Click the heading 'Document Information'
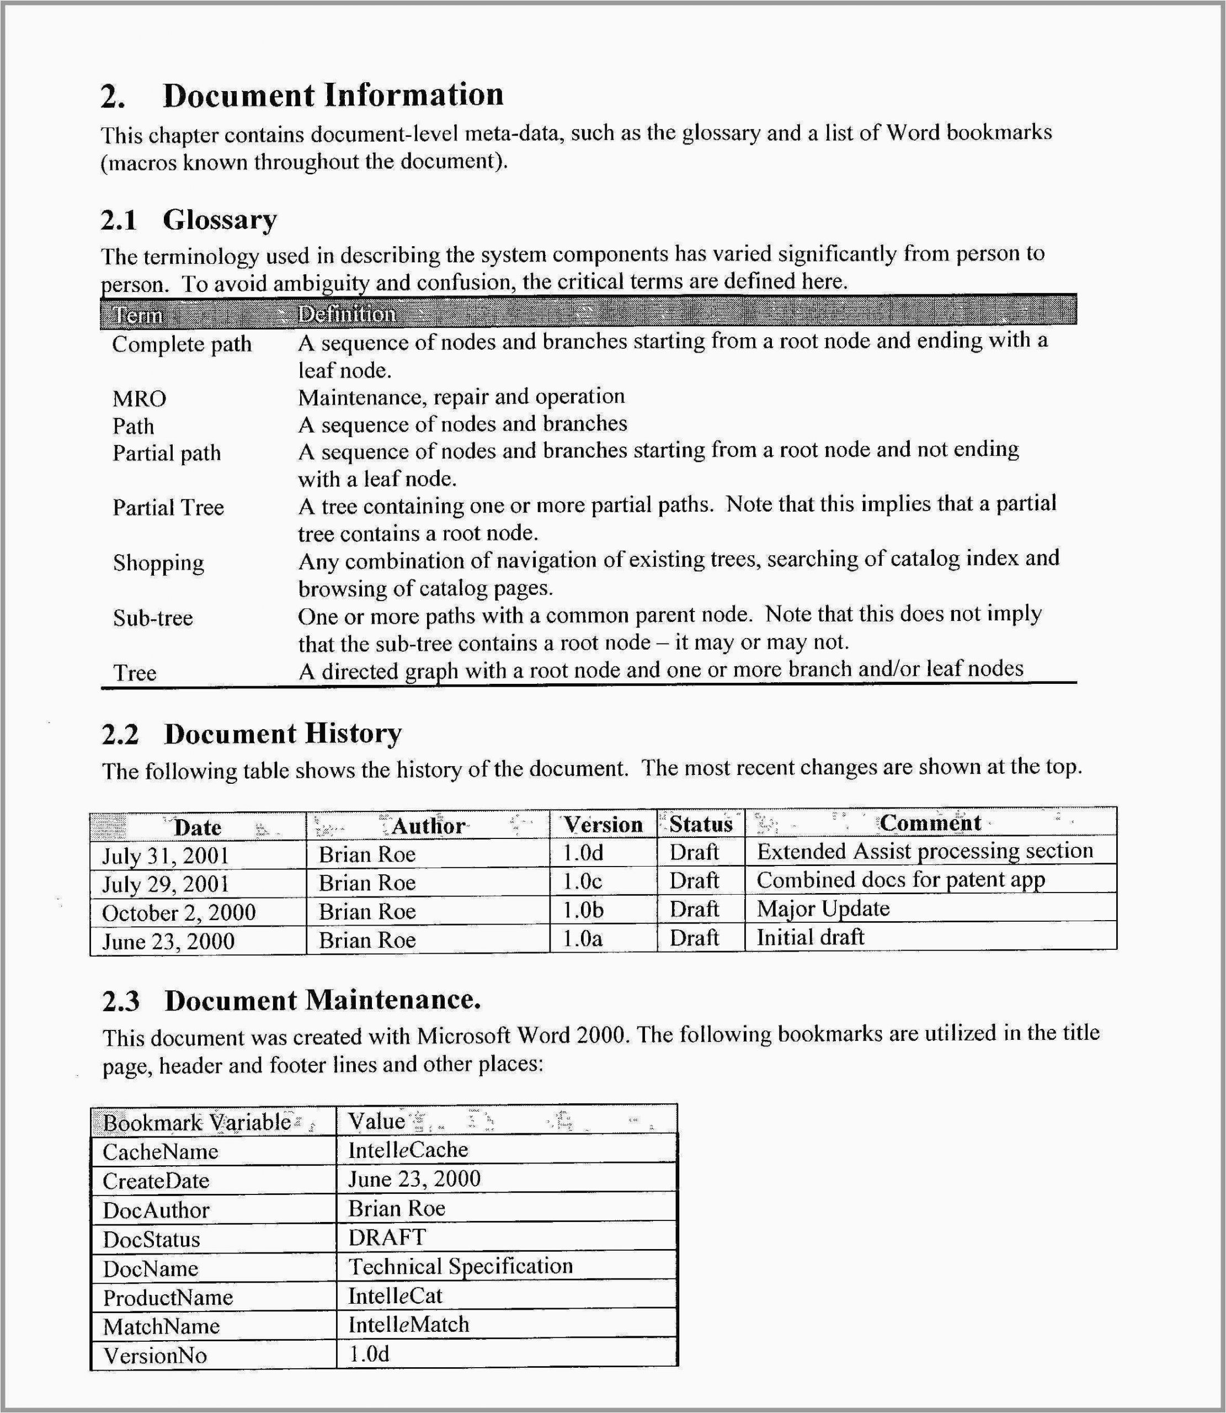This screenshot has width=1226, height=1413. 333,94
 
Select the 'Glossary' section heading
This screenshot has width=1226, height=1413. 220,220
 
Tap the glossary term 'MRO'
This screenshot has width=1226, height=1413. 139,399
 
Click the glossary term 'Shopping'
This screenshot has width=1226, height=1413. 158,562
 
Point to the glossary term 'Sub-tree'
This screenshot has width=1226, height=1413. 153,618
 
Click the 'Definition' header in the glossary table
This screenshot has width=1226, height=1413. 346,314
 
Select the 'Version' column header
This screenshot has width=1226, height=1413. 602,825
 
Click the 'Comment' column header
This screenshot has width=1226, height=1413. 930,822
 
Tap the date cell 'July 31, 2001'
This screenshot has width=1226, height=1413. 165,856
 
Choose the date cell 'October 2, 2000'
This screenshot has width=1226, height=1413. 179,912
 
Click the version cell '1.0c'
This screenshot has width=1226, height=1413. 582,881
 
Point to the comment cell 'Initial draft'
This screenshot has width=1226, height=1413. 810,937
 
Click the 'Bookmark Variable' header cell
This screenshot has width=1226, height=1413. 196,1122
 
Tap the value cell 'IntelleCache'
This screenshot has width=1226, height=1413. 408,1150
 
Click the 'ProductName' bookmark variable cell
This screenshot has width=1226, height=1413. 168,1297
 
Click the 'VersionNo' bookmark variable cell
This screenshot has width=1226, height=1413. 154,1356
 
